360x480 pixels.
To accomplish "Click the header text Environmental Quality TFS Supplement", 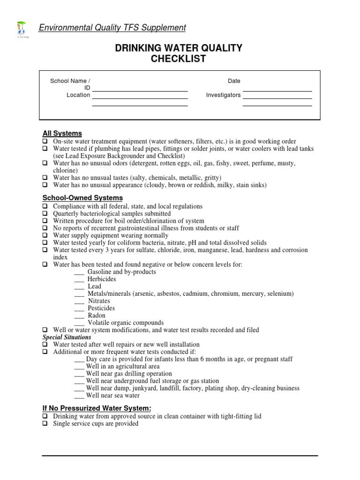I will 112,28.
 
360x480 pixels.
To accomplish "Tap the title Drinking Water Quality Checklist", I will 179,53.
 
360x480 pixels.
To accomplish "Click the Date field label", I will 234,81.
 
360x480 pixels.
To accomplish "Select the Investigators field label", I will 223,95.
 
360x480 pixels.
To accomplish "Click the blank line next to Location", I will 140,98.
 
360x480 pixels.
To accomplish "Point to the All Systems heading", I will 62,133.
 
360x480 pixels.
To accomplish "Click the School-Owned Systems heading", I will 82,198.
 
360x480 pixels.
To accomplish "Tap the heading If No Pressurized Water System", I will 97,408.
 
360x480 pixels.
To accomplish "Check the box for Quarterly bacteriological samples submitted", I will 45,214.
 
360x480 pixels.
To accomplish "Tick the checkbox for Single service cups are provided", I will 45,424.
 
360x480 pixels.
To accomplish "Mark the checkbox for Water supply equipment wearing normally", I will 45,235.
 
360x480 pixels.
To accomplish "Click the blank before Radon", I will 79,316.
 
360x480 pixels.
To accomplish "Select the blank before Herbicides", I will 79,280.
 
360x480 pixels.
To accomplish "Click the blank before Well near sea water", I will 79,396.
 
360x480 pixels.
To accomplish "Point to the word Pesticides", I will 101,308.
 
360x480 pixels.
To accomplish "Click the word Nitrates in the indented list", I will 99,301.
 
